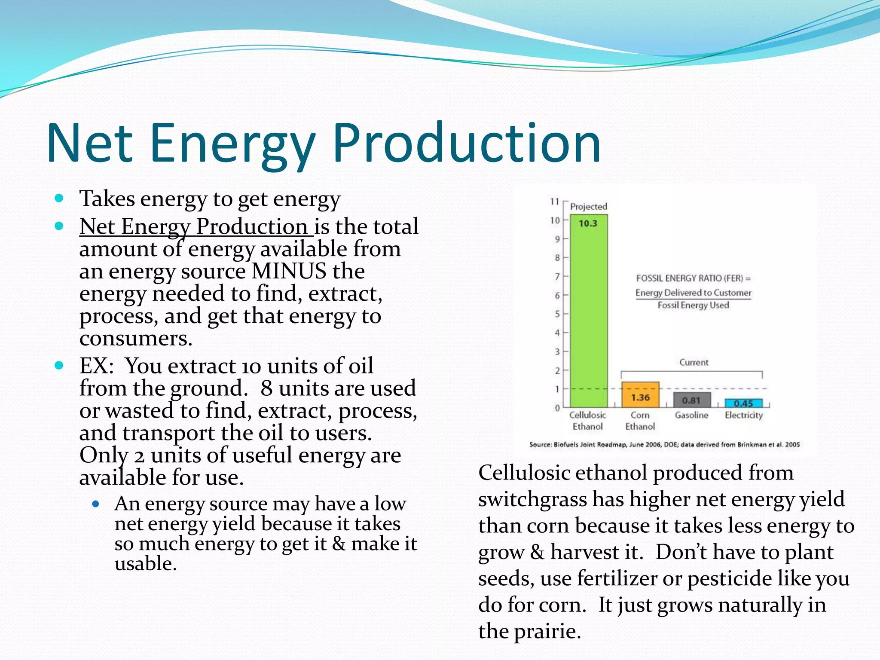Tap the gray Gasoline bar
691,400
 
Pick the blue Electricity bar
743,403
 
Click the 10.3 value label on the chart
588,223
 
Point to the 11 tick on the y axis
555,202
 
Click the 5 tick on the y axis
557,314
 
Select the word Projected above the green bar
588,207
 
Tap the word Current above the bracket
694,362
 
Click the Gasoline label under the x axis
691,415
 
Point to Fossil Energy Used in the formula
693,306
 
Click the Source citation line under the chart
664,445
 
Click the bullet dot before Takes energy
59,199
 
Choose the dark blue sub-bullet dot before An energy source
96,504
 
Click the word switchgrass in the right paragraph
532,499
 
